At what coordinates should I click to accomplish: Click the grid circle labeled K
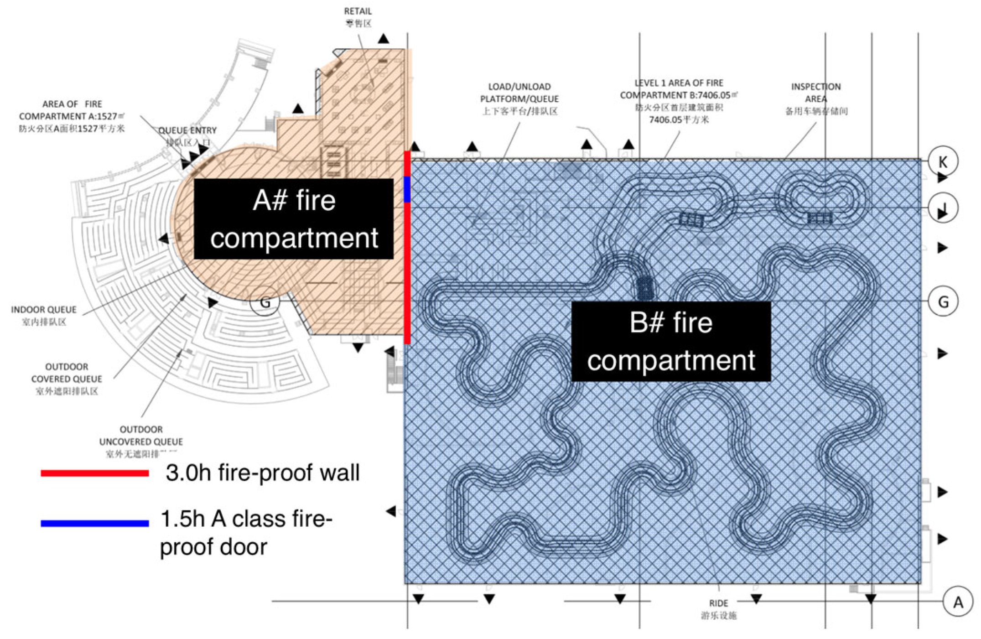pyautogui.click(x=943, y=161)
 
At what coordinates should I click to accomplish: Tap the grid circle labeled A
pyautogui.click(x=958, y=602)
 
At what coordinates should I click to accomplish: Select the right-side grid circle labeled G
pyautogui.click(x=943, y=301)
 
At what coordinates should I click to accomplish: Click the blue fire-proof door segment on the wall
pyautogui.click(x=407, y=189)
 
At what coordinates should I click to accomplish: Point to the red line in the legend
pyautogui.click(x=95, y=473)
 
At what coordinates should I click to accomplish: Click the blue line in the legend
pyautogui.click(x=95, y=523)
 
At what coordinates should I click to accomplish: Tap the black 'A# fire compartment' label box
pyautogui.click(x=294, y=219)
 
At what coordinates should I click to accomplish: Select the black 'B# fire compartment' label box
pyautogui.click(x=671, y=341)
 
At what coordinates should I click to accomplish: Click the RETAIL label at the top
pyautogui.click(x=358, y=11)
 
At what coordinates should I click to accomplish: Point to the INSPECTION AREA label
pyautogui.click(x=816, y=93)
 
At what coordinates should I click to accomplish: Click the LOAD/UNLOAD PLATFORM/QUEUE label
pyautogui.click(x=519, y=93)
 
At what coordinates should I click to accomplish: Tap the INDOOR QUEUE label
pyautogui.click(x=44, y=310)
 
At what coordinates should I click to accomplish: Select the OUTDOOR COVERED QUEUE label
pyautogui.click(x=67, y=373)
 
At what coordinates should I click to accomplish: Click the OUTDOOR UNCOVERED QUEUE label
pyautogui.click(x=141, y=436)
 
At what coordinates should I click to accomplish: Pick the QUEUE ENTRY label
pyautogui.click(x=187, y=130)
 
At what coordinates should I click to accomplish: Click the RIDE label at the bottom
pyautogui.click(x=718, y=603)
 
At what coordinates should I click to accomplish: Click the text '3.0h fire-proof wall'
pyautogui.click(x=263, y=473)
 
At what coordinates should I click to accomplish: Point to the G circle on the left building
pyautogui.click(x=265, y=302)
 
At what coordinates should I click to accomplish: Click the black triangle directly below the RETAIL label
pyautogui.click(x=384, y=39)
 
